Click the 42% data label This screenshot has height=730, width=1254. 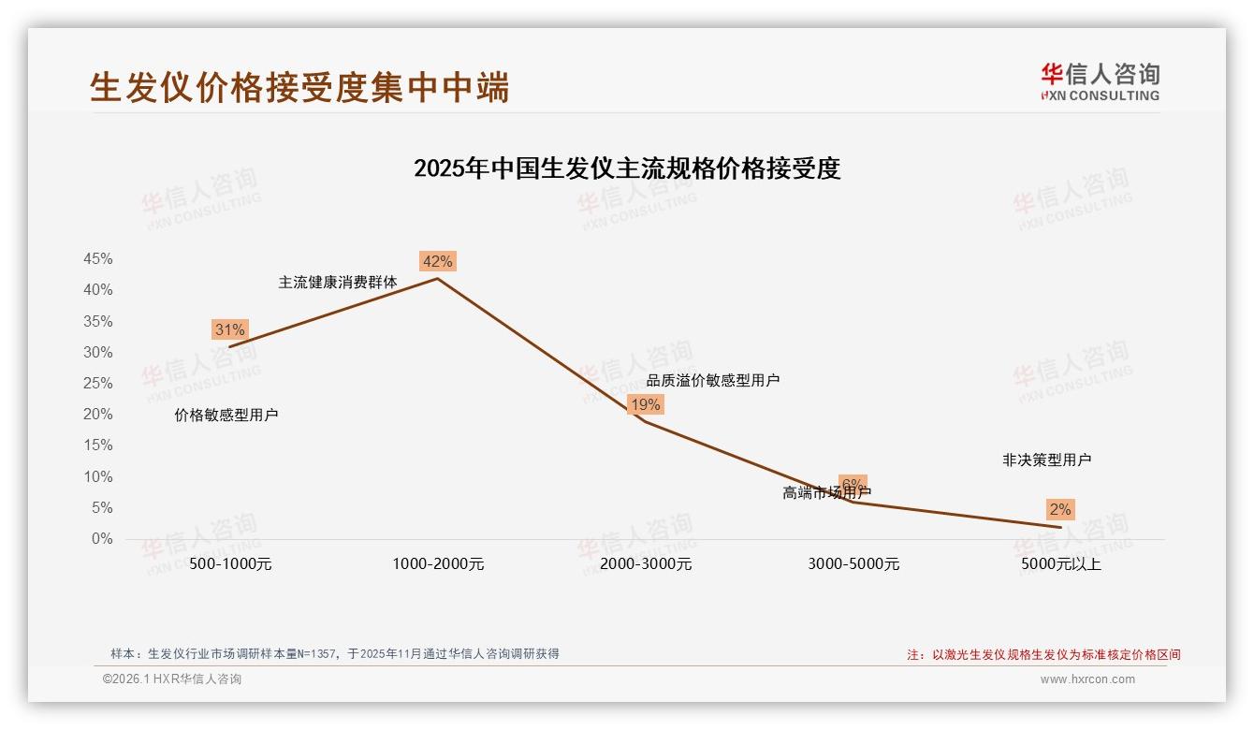[437, 261]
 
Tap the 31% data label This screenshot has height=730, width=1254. [229, 329]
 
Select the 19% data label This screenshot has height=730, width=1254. [645, 404]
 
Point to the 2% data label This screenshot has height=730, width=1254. [1059, 509]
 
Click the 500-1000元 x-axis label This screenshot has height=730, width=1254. [230, 563]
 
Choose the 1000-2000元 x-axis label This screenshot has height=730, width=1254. [438, 563]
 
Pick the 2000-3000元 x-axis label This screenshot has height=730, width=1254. [646, 563]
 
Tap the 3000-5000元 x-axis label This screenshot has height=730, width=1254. [853, 563]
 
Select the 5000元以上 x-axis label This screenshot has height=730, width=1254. [1061, 563]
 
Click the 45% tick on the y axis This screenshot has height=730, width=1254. [97, 258]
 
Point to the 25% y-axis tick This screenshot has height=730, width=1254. [97, 383]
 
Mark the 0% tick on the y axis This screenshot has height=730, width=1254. [102, 539]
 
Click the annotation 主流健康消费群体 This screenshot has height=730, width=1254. [338, 282]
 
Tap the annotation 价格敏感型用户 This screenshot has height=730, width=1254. [226, 415]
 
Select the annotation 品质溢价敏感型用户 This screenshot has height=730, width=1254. [713, 380]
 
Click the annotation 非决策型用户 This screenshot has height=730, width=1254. [1046, 460]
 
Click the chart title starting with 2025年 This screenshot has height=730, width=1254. [627, 168]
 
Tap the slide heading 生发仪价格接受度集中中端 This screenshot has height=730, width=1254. [299, 87]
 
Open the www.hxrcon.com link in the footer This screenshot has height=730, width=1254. [1087, 679]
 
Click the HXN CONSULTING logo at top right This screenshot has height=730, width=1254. [1100, 81]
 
